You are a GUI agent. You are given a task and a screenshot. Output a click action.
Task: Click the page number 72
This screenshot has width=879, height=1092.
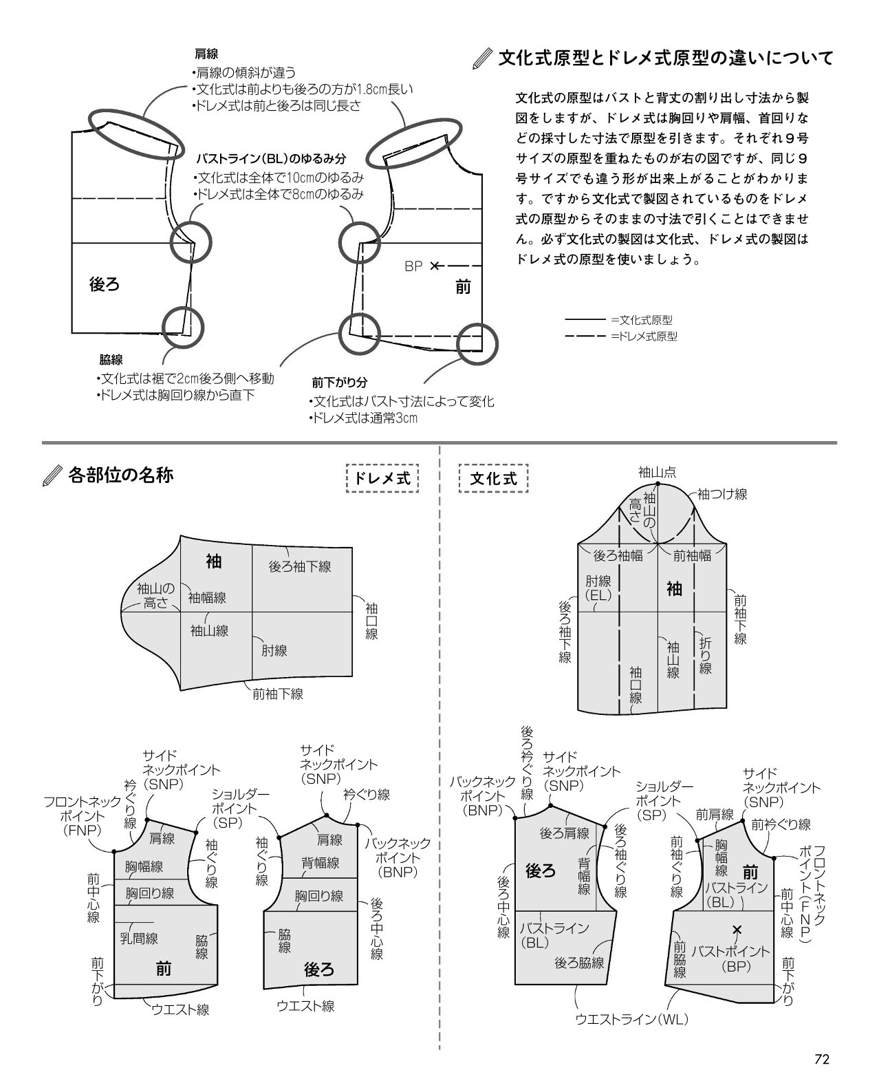(x=822, y=1059)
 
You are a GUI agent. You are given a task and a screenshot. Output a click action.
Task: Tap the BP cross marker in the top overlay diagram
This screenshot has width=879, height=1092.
(x=434, y=266)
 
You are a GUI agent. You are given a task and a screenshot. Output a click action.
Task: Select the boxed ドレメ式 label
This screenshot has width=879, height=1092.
(x=382, y=478)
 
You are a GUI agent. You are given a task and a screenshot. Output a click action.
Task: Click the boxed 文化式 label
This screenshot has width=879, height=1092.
(x=494, y=478)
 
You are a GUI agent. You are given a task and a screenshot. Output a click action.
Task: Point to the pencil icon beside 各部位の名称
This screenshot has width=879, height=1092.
(x=52, y=475)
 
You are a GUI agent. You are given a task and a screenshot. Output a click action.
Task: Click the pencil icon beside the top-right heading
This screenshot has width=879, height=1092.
(x=482, y=58)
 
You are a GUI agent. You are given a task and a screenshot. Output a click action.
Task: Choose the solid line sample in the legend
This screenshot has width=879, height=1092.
(x=585, y=320)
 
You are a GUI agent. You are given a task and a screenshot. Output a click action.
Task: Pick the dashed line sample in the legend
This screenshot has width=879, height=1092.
(x=585, y=336)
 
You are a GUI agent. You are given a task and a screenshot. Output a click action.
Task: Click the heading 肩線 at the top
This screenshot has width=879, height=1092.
(x=206, y=54)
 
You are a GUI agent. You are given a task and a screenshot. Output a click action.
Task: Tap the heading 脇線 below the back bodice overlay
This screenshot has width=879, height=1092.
(x=111, y=360)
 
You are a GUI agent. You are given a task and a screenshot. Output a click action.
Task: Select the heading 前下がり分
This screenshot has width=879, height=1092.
(x=339, y=382)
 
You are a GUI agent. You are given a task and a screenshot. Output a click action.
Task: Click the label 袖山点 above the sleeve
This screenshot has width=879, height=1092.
(x=657, y=473)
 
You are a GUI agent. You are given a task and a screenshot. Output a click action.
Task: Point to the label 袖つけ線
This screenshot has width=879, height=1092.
(x=722, y=494)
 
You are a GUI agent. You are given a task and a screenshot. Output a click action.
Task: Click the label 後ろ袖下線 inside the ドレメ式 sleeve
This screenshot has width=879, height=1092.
(x=300, y=566)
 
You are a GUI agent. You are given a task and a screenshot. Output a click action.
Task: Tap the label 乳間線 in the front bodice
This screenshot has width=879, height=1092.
(x=139, y=939)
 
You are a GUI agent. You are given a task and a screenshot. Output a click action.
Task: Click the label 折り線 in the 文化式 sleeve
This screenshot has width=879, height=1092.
(x=706, y=655)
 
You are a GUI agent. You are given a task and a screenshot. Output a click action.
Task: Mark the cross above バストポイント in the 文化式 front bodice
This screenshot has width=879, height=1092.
(x=737, y=929)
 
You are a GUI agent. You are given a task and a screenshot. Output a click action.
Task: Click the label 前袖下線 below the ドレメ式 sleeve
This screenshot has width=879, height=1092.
(x=278, y=694)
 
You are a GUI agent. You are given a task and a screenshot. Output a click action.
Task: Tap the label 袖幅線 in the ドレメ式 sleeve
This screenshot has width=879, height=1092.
(x=207, y=597)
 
